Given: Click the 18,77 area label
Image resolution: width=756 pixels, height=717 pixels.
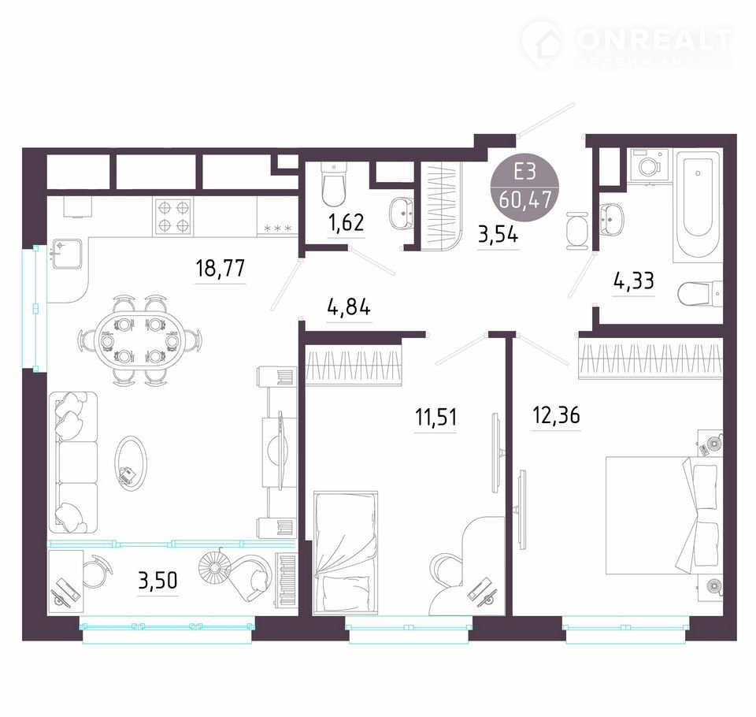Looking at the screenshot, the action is pos(220,268).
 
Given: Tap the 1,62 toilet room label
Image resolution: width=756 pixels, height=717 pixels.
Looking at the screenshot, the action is pos(346,223).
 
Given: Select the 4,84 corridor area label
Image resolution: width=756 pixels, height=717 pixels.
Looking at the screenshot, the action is pos(349,306).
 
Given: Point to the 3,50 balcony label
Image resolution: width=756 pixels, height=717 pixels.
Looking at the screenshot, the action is pos(157,581).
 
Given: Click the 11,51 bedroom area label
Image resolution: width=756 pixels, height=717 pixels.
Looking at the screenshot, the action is pos(435,417).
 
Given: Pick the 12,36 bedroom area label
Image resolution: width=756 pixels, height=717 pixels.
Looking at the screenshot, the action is pos(556,414).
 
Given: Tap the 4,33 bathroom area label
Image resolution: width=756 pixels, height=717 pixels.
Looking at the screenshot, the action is pos(633,280).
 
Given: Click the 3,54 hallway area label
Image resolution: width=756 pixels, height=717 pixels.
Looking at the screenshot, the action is pos(498,235).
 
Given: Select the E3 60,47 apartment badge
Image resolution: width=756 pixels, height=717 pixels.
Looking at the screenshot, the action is pos(525,186).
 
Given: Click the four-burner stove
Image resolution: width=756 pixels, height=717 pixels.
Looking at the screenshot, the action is pos(173,217).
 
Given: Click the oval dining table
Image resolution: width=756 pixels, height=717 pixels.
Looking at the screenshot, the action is pos(140,340).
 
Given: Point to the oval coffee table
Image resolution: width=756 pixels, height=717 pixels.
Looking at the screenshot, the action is pos(130,463).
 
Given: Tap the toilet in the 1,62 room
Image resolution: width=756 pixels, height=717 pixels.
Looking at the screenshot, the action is pos(333,185).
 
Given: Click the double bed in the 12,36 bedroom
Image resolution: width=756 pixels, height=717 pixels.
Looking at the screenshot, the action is pos(663,515).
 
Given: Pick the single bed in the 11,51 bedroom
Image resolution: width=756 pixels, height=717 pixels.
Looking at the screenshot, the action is pos(345,552).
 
